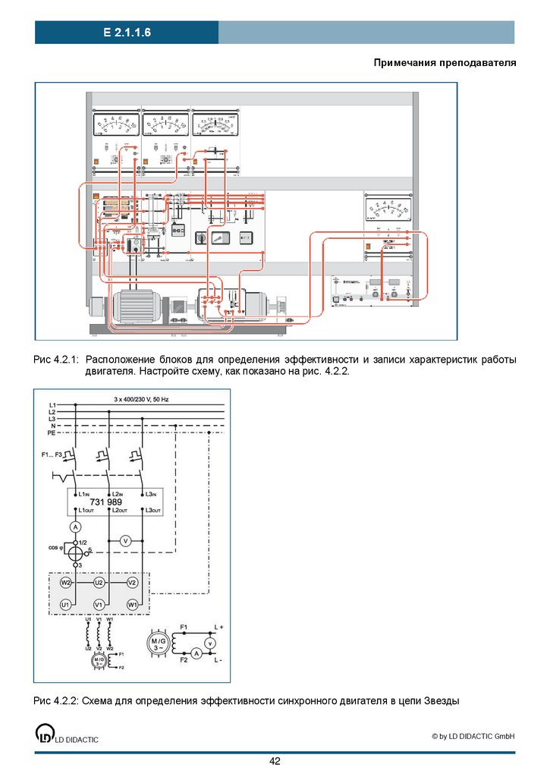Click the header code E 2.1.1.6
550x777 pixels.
(127, 33)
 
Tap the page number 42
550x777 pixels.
(275, 761)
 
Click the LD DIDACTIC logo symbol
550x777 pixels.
(46, 735)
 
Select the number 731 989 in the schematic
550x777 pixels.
(106, 502)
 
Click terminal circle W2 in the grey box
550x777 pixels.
(66, 583)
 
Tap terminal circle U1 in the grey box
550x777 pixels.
(66, 604)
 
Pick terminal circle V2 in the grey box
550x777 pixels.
(132, 583)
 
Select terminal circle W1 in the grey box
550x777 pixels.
(132, 604)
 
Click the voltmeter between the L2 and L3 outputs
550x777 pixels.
(127, 540)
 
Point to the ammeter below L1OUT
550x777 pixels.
(75, 526)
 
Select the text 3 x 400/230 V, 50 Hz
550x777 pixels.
(142, 398)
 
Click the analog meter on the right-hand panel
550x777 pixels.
(388, 209)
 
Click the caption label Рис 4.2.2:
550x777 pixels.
(56, 701)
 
